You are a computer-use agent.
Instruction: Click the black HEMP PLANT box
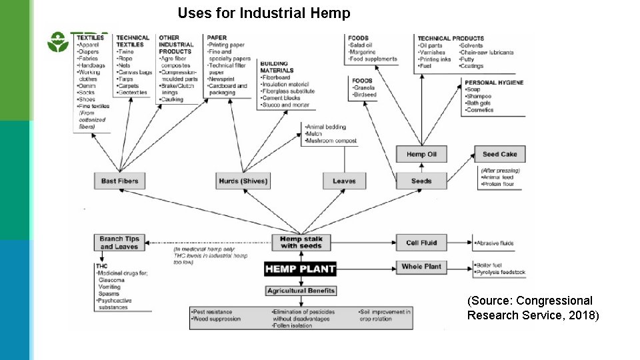[301, 269]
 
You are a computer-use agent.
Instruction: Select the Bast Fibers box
[119, 181]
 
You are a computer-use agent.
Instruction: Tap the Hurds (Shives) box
[243, 181]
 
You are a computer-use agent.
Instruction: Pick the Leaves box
[344, 181]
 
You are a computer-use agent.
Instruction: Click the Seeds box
[421, 181]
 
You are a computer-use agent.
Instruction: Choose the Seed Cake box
[499, 154]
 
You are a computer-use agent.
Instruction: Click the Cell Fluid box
[421, 243]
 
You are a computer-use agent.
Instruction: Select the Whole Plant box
[421, 267]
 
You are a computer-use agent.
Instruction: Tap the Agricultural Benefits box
[301, 291]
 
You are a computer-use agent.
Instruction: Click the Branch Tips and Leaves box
[119, 243]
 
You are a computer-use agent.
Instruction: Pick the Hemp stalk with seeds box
[301, 243]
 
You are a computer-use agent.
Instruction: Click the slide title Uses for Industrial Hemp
[264, 13]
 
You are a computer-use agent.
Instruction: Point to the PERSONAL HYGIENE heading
[495, 83]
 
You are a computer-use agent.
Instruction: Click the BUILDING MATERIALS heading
[278, 66]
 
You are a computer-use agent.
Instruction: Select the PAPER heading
[218, 37]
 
